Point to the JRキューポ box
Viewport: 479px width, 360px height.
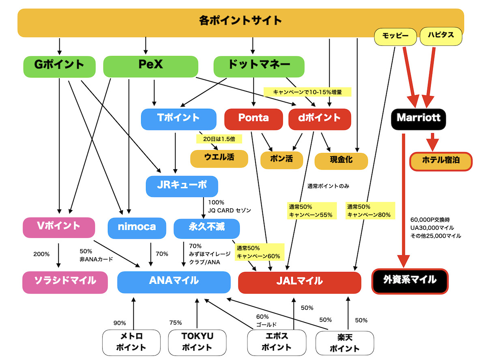(x=182, y=186)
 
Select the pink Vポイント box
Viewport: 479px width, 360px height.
(x=59, y=227)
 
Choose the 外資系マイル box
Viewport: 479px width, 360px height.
(x=410, y=280)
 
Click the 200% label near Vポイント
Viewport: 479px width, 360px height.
(x=41, y=254)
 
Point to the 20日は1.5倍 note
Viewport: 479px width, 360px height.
(x=219, y=139)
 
